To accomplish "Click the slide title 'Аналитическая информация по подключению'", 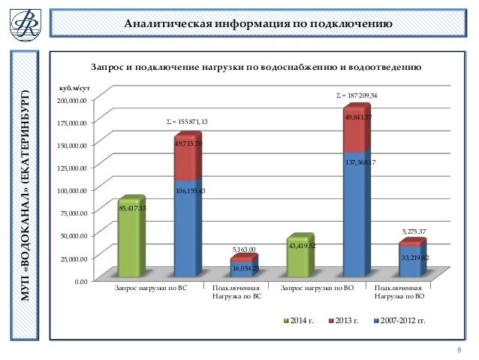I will [x=258, y=24].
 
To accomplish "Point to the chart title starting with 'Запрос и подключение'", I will [x=255, y=68].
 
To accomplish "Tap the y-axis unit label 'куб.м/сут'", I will [x=74, y=89].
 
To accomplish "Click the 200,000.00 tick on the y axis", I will [x=73, y=100].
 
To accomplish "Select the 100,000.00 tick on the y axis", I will [x=73, y=190].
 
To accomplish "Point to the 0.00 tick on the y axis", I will [x=78, y=280].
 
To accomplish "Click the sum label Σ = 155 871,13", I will [x=186, y=122].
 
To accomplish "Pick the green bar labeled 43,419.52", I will [x=300, y=256].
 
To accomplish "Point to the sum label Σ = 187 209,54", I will [x=356, y=96].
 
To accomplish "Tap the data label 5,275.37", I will [x=413, y=231].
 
